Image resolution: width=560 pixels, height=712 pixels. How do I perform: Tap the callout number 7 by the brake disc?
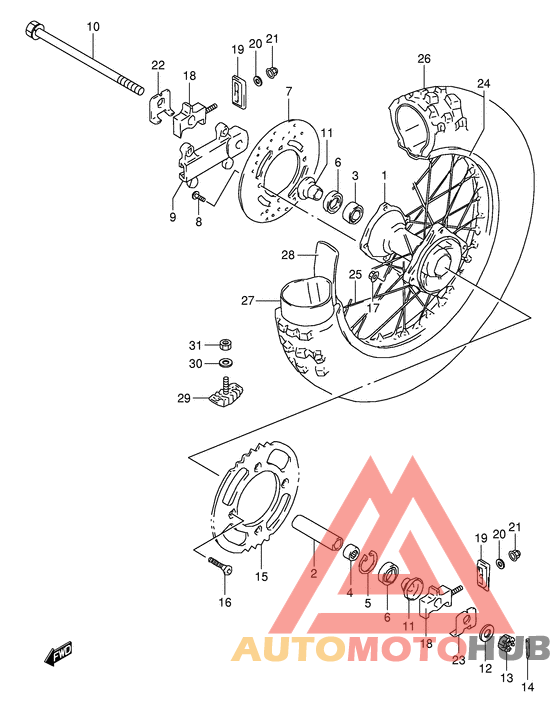tap(288, 92)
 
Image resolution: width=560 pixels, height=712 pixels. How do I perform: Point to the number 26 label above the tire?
tap(423, 58)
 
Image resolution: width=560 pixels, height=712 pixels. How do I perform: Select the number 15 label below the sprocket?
tap(262, 576)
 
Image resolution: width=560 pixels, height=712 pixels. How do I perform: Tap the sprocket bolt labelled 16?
tap(220, 568)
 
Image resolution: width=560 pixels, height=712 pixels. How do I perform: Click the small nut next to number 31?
tap(227, 345)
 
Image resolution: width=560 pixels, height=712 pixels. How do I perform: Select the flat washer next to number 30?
tap(227, 363)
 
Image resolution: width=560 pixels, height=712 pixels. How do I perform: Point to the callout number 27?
tap(248, 299)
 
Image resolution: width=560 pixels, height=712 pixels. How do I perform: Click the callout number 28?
tap(286, 255)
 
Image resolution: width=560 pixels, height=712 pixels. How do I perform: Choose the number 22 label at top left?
tap(158, 66)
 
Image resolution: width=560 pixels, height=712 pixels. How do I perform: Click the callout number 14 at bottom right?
tap(529, 686)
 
